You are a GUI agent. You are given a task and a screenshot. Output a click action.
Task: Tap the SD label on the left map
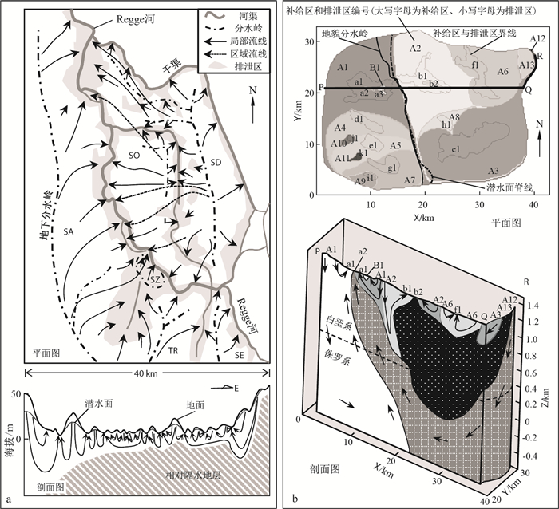215,162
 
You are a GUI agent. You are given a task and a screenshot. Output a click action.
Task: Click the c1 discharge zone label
456,149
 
